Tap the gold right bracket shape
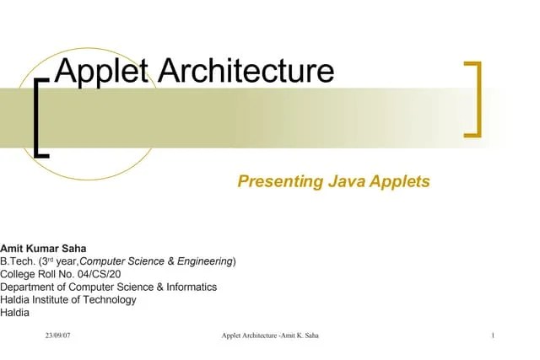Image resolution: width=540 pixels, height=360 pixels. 476,99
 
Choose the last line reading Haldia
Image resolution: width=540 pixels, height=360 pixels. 14,312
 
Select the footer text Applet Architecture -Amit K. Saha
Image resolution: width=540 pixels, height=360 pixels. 269,336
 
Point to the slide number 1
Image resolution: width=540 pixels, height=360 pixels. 491,336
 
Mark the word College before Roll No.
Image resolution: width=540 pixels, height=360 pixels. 19,274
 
